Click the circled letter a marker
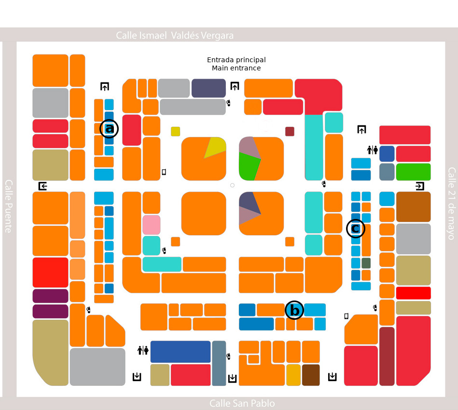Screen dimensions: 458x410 pyautogui.click(x=109, y=129)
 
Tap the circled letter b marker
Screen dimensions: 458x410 pyautogui.click(x=294, y=311)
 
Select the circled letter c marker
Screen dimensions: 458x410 pyautogui.click(x=356, y=228)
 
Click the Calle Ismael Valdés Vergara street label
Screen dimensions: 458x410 pyautogui.click(x=175, y=36)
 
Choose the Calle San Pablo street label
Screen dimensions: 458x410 pyautogui.click(x=242, y=403)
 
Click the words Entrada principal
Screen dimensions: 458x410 pyautogui.click(x=236, y=60)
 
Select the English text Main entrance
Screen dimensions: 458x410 pyautogui.click(x=236, y=68)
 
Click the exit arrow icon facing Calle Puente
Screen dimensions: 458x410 pyautogui.click(x=43, y=186)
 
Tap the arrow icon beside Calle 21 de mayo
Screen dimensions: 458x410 pyautogui.click(x=420, y=186)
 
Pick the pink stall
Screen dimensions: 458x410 pyautogui.click(x=151, y=225)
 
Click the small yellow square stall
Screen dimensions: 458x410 pyautogui.click(x=175, y=131)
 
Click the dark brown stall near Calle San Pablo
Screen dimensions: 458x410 pyautogui.click(x=311, y=375)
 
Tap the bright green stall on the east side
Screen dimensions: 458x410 pyautogui.click(x=413, y=172)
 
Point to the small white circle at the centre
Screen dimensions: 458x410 pyautogui.click(x=232, y=185)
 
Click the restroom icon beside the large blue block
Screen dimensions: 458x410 pyautogui.click(x=143, y=350)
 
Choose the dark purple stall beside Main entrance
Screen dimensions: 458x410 pyautogui.click(x=208, y=88)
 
